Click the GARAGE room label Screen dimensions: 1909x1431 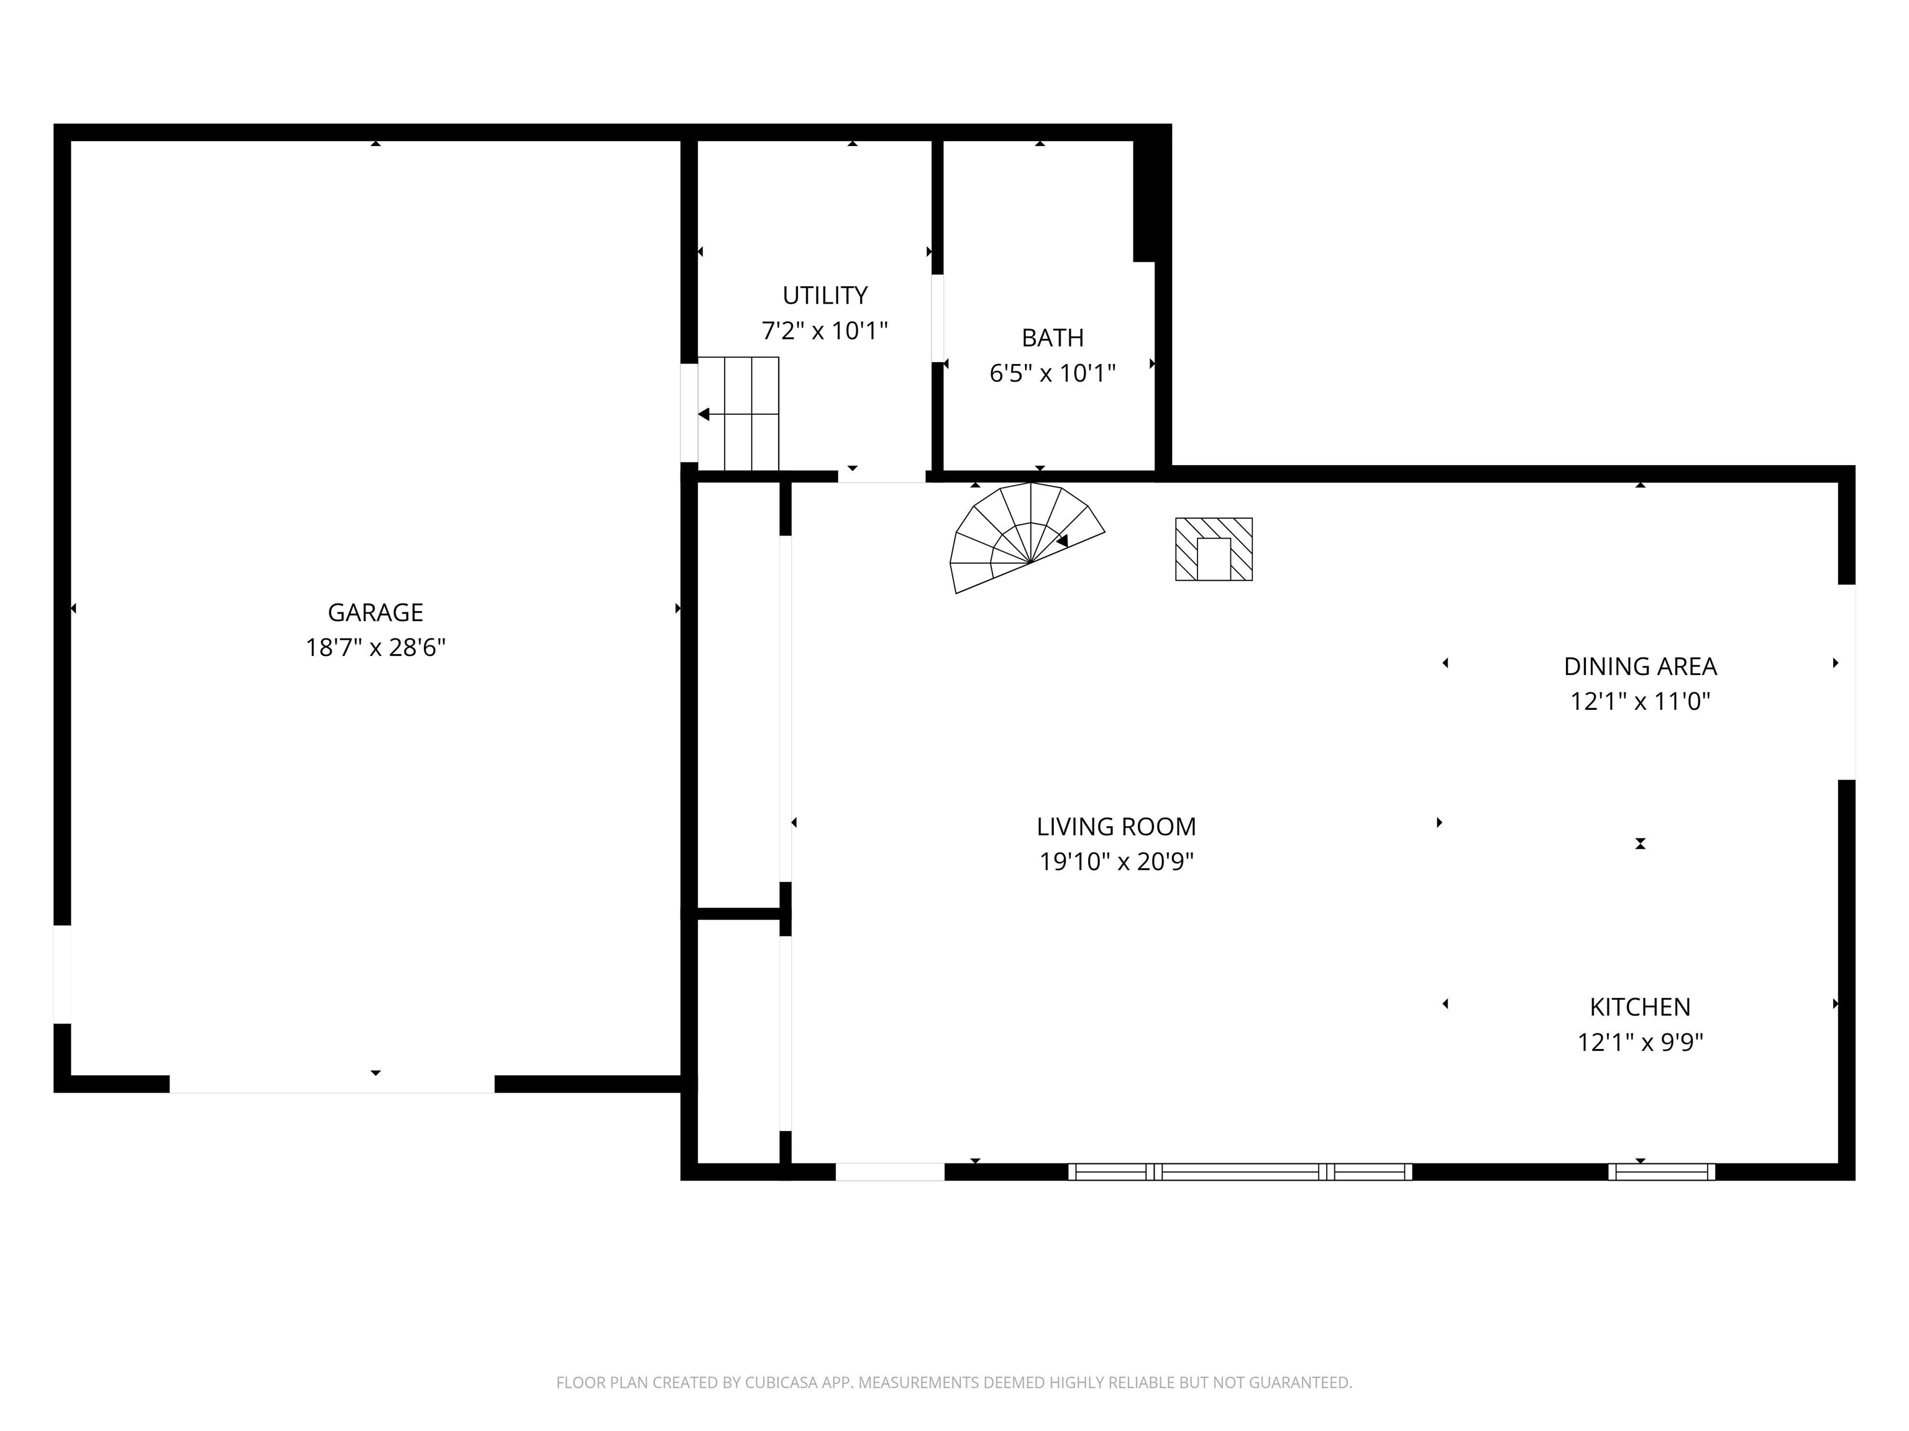[375, 612]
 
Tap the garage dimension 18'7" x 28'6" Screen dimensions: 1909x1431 [375, 648]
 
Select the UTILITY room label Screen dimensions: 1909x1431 [825, 296]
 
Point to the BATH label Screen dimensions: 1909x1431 [1053, 338]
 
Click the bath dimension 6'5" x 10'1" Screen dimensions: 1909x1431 [1053, 373]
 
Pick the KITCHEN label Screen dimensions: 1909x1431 [1641, 1007]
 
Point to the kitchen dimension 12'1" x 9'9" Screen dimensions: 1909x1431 [1641, 1043]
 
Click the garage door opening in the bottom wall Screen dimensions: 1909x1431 [332, 1084]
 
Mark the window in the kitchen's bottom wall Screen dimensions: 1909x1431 [1661, 1171]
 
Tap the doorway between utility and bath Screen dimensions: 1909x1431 [937, 318]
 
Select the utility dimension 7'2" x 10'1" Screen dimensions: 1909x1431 [825, 331]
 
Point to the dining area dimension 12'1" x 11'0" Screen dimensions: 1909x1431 [1641, 702]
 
